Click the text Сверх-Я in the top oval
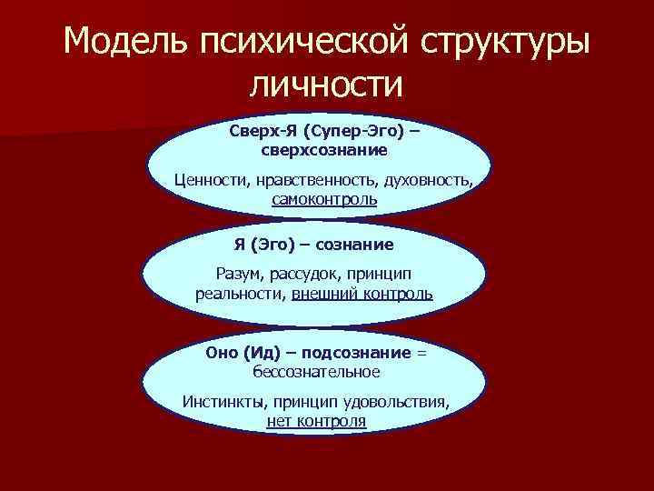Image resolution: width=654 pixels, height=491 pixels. point(257,131)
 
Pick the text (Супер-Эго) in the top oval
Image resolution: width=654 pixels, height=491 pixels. point(349,131)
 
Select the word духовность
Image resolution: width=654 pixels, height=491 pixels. point(433,179)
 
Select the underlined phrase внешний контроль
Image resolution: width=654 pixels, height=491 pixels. point(362,294)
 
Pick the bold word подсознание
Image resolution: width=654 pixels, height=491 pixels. point(358,353)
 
